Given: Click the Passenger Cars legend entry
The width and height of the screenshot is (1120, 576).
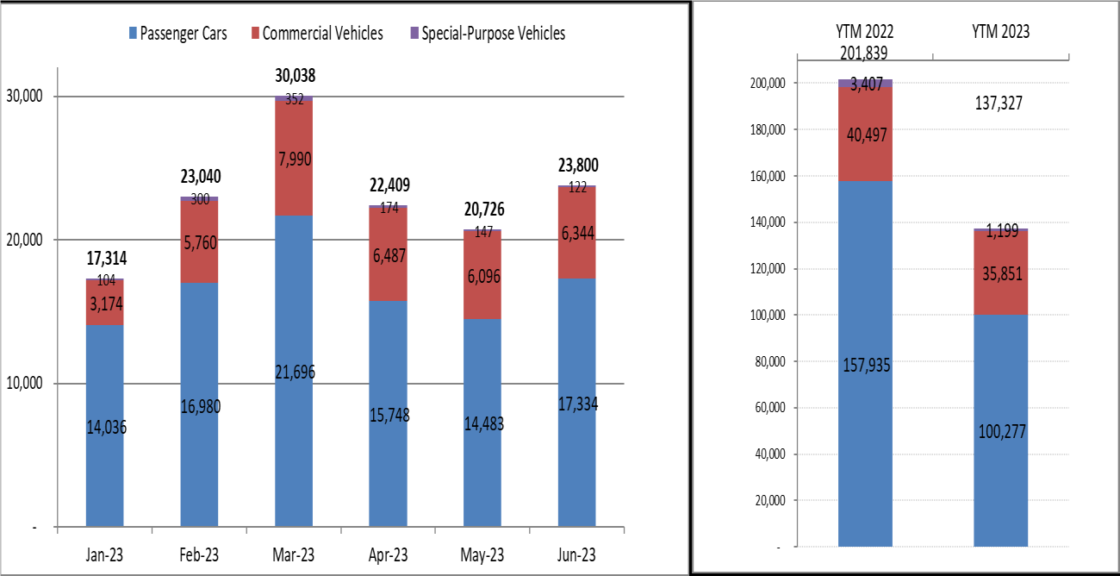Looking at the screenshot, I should pos(177,34).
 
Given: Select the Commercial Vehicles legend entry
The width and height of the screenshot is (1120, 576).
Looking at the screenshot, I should pos(315,34).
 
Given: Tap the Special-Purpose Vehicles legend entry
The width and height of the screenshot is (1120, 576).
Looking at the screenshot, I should pos(487,34).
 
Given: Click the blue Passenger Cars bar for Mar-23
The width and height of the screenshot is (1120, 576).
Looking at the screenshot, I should pos(294,371).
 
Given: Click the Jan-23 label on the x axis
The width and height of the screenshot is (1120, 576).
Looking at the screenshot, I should pos(104,554).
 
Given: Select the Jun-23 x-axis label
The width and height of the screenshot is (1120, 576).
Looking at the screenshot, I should pos(577,554).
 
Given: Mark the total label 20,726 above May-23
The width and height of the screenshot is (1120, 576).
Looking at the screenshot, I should pos(482,210).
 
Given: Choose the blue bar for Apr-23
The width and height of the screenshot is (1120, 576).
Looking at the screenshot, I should pos(388,414).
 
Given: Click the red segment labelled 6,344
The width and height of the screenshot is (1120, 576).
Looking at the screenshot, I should pos(577,233).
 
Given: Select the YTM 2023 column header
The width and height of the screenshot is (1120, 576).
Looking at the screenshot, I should pos(1000,32).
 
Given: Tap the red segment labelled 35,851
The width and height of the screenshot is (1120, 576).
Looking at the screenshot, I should pos(1000,273).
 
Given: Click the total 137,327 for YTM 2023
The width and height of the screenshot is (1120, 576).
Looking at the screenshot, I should pos(1000,103).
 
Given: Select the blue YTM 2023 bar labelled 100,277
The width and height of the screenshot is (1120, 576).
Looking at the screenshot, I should pos(1000,431).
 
